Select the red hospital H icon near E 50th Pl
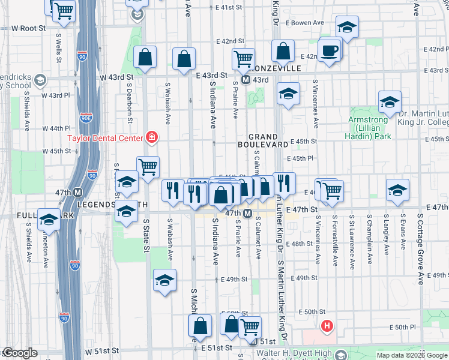(327, 327)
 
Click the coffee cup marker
(330, 50)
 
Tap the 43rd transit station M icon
(246, 80)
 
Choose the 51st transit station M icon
(246, 341)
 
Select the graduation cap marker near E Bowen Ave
(347, 28)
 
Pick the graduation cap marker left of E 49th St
(164, 280)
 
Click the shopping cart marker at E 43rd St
(243, 59)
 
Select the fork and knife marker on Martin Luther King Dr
(284, 183)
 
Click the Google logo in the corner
(20, 353)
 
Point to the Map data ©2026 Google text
(411, 355)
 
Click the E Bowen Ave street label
(306, 22)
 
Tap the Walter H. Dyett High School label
(294, 353)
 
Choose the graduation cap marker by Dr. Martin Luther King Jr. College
(390, 101)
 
